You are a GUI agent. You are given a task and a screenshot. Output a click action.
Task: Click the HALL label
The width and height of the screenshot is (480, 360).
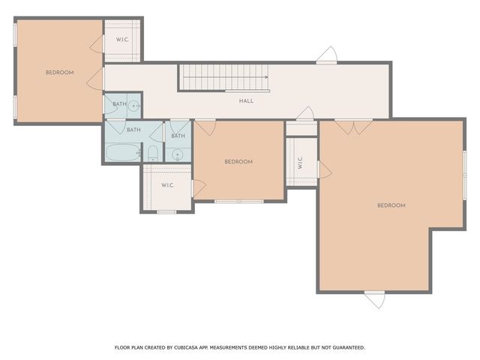point(246,101)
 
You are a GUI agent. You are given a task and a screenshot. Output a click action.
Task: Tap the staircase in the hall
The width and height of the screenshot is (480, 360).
point(223,77)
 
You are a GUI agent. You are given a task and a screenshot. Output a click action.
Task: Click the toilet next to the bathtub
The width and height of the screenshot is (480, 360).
point(153,154)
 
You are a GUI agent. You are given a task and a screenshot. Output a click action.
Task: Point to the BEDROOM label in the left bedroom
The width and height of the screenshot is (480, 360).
point(59,72)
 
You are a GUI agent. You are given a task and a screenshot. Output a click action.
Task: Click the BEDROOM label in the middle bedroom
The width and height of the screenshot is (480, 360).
point(238,161)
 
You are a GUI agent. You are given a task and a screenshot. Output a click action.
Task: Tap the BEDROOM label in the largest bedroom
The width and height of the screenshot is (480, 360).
point(391,205)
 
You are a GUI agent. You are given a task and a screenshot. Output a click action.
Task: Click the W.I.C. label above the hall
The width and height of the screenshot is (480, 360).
point(122,40)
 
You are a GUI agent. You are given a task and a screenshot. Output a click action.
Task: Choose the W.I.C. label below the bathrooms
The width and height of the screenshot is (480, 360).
point(167,185)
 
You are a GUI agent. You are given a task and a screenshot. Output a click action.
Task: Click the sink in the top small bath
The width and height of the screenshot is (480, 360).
point(134,106)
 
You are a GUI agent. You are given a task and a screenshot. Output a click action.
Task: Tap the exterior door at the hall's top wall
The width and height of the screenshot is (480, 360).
point(326,55)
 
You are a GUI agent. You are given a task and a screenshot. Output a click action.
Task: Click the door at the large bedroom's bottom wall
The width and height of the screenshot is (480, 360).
point(374,298)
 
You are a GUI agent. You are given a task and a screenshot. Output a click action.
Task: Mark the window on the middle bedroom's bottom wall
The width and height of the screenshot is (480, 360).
point(238,201)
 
